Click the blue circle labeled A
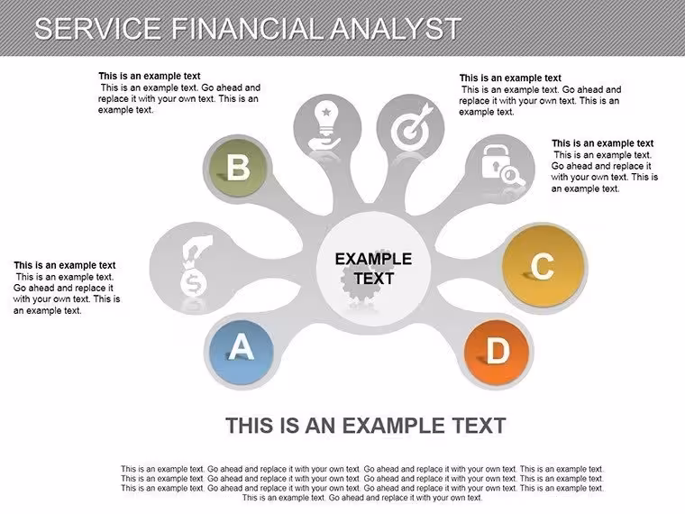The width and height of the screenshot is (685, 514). click(x=242, y=353)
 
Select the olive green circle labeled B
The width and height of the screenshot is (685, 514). click(x=238, y=168)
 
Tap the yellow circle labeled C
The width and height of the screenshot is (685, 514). click(x=543, y=267)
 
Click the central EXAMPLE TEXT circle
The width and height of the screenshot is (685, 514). click(x=373, y=269)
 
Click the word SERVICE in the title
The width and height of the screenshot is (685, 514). click(x=98, y=29)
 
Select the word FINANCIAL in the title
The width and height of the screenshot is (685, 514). click(x=248, y=29)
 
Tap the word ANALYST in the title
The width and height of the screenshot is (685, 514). click(x=396, y=29)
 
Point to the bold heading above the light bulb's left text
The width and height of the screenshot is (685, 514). click(x=150, y=76)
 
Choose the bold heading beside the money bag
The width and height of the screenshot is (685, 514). click(x=65, y=265)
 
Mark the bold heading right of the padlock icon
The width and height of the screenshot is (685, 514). click(x=602, y=143)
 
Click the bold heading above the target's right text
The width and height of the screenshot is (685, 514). click(x=510, y=78)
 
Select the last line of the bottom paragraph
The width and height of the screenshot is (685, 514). click(x=362, y=498)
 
